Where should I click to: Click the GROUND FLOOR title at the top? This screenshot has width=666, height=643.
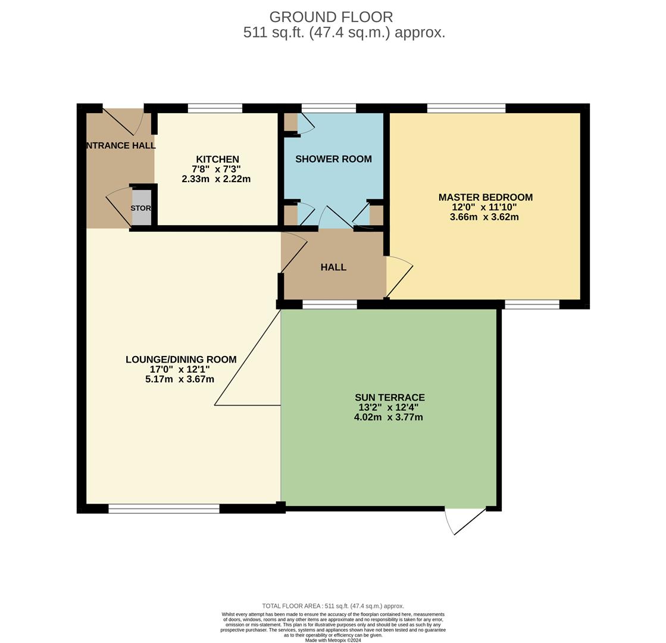click(331, 17)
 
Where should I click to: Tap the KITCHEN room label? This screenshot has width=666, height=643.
click(217, 159)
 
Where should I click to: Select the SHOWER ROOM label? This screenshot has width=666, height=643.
click(333, 159)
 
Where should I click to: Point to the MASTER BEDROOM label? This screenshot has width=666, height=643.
click(485, 197)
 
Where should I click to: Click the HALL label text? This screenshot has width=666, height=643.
click(333, 267)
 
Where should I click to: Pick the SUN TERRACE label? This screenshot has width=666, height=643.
click(389, 397)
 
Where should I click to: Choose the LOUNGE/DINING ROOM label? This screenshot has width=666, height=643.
click(181, 360)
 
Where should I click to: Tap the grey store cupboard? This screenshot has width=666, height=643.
click(141, 208)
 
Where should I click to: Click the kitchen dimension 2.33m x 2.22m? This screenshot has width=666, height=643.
click(216, 179)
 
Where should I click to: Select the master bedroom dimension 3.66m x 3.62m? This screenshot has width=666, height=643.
click(484, 217)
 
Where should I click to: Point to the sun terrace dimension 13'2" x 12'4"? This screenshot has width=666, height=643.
click(388, 407)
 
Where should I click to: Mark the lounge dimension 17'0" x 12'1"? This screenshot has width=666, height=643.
click(180, 369)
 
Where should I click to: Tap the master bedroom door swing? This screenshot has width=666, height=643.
click(399, 277)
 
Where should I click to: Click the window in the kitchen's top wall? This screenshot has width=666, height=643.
click(215, 108)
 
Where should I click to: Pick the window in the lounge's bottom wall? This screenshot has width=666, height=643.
click(164, 508)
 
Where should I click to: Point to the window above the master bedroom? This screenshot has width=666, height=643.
click(466, 108)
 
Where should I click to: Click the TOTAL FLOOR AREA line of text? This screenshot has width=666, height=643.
click(333, 606)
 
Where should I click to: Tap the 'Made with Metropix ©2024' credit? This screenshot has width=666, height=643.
click(333, 640)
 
